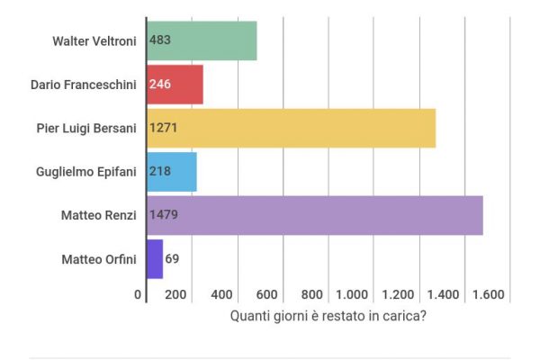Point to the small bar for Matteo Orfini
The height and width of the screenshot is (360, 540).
(x=154, y=259)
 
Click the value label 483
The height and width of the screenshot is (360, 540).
(x=160, y=40)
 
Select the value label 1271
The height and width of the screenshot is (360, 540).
(x=163, y=128)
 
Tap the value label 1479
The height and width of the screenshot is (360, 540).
(x=163, y=216)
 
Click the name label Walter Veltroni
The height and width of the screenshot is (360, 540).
(x=94, y=40)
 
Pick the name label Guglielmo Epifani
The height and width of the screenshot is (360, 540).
(x=86, y=172)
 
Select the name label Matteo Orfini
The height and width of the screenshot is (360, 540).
(x=99, y=259)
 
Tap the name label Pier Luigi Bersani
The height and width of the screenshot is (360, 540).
(x=84, y=128)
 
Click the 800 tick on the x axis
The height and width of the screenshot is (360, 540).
(x=312, y=294)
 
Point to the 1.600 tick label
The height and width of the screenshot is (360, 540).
(x=490, y=294)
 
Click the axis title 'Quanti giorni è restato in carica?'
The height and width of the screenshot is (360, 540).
(x=328, y=316)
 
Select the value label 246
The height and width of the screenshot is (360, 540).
(x=160, y=85)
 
